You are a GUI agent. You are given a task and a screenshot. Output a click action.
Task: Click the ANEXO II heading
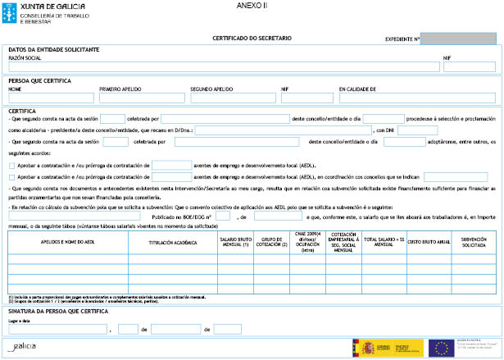[x=252, y=5]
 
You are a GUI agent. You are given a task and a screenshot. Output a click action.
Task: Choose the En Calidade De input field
[x=417, y=97]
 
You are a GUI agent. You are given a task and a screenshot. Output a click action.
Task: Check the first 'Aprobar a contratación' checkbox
[x=11, y=165]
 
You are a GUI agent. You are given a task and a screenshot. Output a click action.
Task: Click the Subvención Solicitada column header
[x=474, y=243]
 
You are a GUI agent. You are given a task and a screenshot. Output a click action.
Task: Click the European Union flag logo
[x=443, y=347]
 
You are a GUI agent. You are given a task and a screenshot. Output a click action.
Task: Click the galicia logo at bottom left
[x=21, y=348]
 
